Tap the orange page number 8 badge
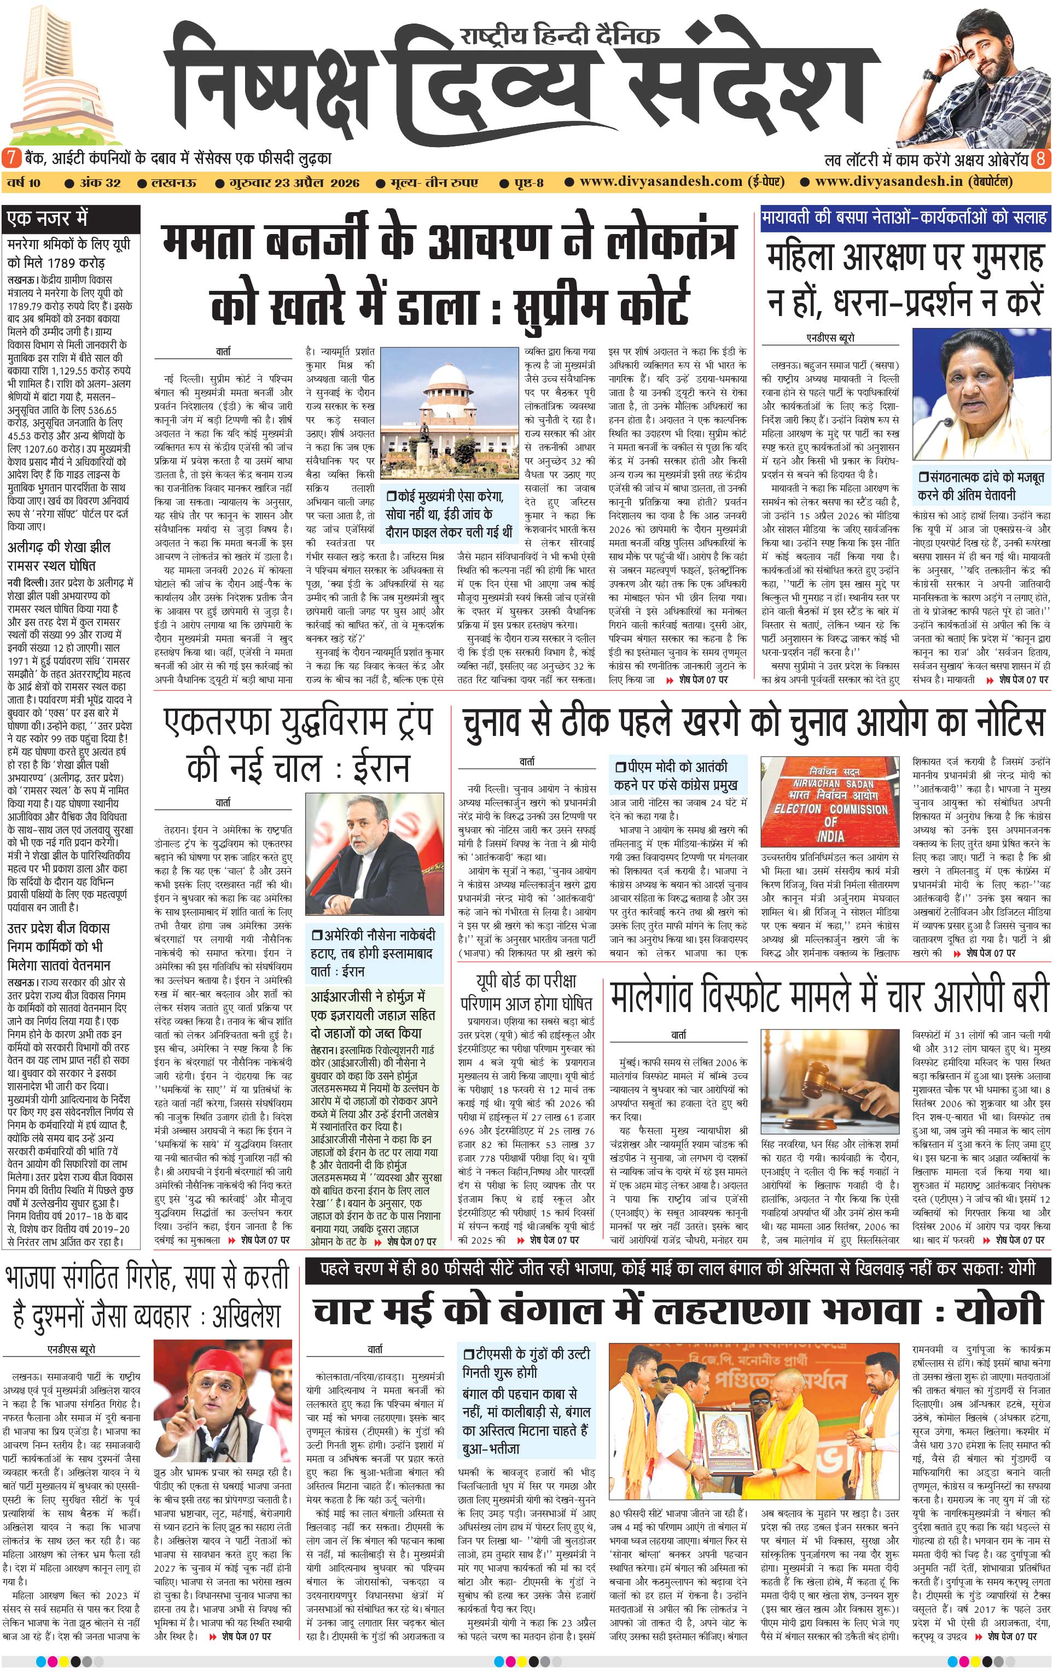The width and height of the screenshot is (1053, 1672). click(x=1041, y=159)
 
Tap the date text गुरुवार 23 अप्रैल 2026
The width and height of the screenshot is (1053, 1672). click(x=296, y=183)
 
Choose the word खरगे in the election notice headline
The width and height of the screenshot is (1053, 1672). click(x=729, y=723)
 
